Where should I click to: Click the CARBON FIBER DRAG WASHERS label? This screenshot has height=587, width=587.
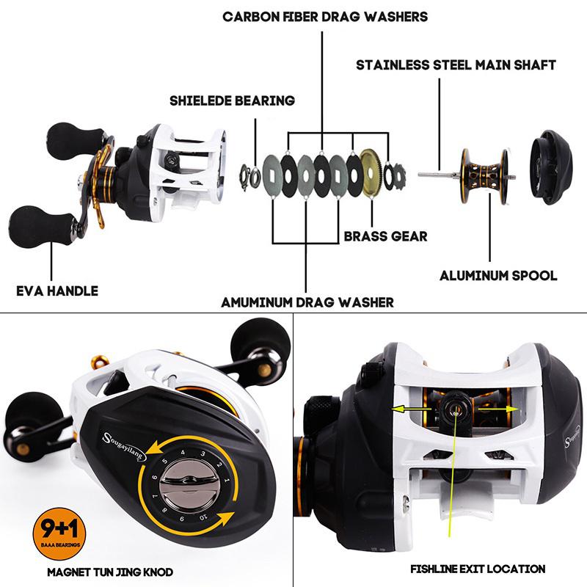[325, 16]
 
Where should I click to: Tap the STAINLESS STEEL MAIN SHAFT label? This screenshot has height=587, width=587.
[456, 65]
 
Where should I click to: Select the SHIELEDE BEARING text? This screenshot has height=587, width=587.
[232, 101]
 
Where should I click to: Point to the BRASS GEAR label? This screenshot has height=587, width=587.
[385, 237]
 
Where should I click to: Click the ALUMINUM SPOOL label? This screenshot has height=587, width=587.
[498, 276]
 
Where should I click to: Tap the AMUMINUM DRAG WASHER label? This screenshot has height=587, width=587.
[307, 302]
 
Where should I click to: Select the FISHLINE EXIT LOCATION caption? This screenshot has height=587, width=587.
[478, 569]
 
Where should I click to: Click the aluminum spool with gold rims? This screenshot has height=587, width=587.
[484, 174]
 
